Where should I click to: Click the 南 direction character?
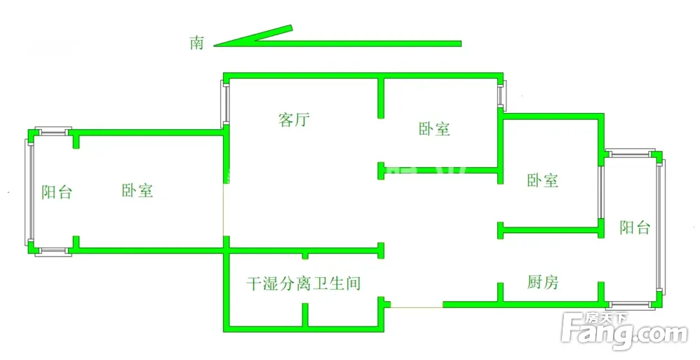196,43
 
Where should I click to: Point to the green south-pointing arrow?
337,42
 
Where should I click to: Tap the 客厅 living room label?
294,120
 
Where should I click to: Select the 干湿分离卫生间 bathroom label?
303,284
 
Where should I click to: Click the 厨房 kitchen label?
543,282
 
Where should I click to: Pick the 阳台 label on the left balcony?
56,192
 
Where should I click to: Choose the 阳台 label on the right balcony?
635,227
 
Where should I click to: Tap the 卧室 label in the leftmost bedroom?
137,190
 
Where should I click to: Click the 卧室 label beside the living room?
434,129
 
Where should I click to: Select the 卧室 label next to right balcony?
543,180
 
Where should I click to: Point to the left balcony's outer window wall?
29,190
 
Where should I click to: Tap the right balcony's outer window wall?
661,227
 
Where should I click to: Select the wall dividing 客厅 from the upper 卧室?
381,98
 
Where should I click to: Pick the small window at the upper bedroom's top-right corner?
501,95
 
